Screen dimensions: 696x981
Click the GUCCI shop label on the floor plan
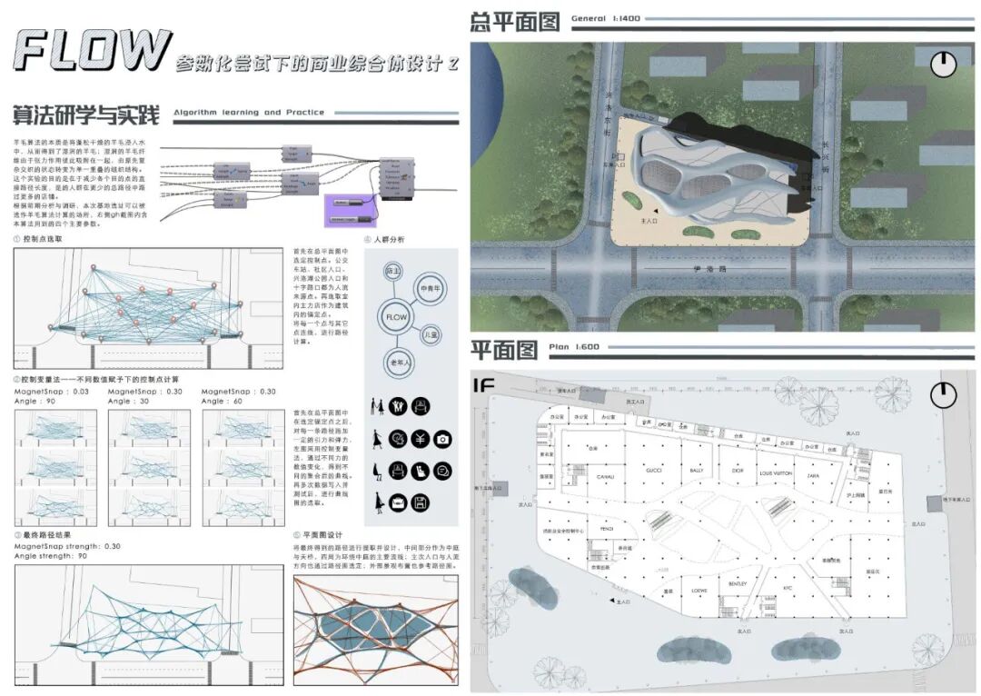point(654,471)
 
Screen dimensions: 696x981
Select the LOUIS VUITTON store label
point(776,473)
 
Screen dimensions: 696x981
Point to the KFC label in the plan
point(788,588)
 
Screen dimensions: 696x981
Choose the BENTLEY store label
point(737,584)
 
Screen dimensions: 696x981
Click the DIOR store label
point(737,472)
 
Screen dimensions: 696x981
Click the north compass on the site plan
point(944,63)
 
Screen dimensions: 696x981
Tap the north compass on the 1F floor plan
point(944,394)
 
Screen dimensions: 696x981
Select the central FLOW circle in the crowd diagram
point(396,318)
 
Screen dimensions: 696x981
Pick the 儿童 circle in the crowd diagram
point(431,335)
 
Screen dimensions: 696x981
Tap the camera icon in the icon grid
point(442,440)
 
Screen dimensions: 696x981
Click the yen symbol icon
point(420,440)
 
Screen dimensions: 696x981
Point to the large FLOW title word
point(93,51)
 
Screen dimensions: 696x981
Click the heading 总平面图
point(514,22)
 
